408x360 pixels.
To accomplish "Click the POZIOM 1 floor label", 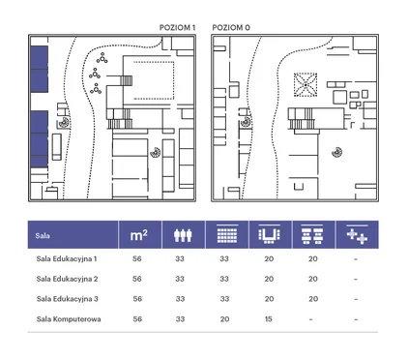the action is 177,28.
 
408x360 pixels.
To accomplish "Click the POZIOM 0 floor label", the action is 231,28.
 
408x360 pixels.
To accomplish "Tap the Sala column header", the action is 43,235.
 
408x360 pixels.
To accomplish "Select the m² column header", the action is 139,235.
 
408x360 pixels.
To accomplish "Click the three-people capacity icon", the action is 183,235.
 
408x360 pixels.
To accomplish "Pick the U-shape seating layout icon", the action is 269,234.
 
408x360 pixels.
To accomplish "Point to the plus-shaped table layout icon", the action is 357,234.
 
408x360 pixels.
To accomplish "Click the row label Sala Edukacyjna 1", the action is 67,259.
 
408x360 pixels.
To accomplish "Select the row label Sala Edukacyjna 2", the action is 67,279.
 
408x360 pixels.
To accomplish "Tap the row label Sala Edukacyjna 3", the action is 67,299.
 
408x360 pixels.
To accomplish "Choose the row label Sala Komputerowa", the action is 69,319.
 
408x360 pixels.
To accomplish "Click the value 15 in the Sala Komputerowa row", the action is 269,319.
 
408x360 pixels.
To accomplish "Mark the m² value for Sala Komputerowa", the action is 137,319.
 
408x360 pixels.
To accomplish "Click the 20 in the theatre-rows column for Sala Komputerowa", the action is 224,319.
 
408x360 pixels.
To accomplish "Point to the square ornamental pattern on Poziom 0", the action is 306,85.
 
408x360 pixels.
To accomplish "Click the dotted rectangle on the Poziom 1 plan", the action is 154,80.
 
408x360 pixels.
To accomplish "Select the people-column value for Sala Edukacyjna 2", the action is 180,279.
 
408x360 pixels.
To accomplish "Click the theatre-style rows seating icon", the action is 227,234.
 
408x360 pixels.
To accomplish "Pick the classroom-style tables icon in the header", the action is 312,234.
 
